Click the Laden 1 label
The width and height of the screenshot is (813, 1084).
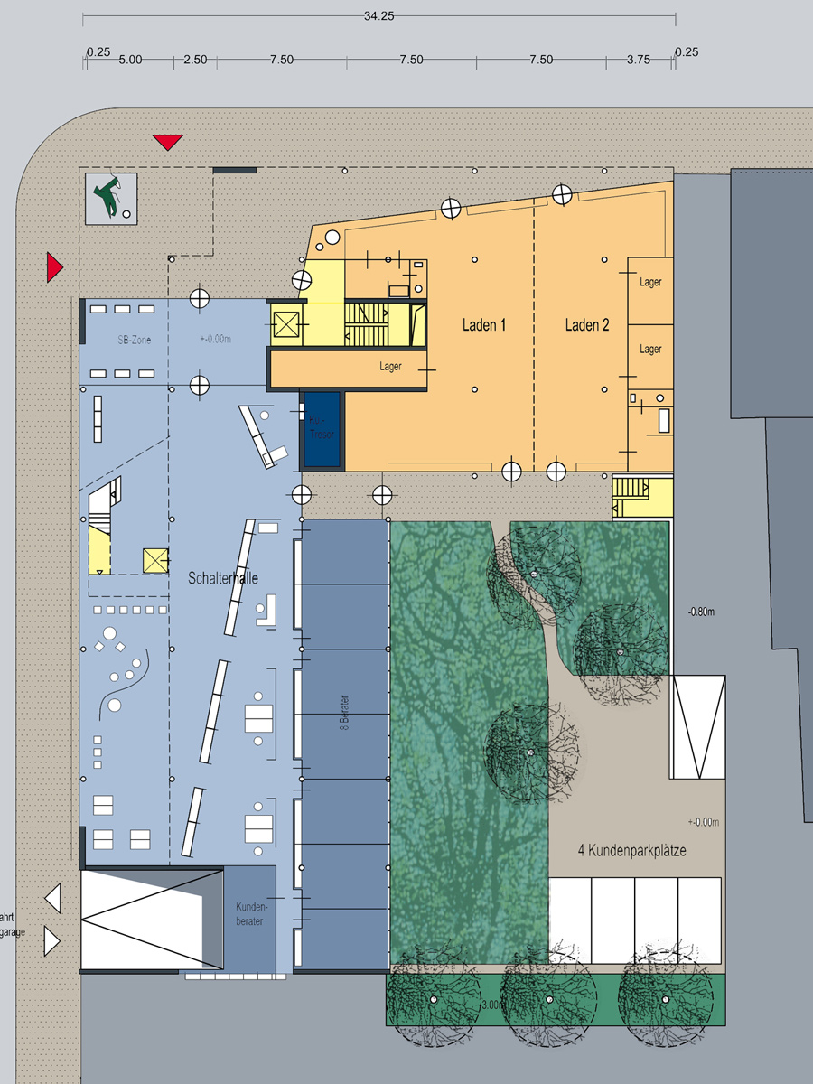click(484, 325)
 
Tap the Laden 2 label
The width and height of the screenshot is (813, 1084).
click(587, 325)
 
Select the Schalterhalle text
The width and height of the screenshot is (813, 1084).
click(223, 578)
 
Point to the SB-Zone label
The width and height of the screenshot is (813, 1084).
click(135, 340)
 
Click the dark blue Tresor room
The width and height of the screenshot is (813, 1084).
click(322, 429)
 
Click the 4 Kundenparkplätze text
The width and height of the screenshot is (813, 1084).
click(637, 850)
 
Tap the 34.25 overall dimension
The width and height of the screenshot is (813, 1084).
click(379, 16)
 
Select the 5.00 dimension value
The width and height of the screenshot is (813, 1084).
click(129, 60)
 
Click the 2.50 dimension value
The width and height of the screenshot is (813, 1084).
click(195, 60)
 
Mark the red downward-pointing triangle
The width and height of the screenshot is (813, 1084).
click(168, 142)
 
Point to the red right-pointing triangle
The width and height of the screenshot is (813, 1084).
click(55, 267)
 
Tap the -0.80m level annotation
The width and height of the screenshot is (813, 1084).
click(701, 610)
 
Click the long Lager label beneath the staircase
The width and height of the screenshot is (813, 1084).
click(391, 367)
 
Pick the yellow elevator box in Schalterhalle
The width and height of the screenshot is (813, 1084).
click(156, 561)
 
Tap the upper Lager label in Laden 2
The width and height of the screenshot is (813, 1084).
click(650, 283)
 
